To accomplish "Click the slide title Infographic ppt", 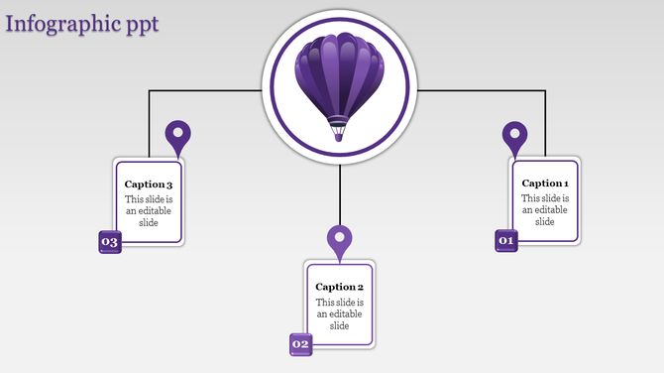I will [81, 23].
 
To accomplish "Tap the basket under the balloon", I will [339, 129].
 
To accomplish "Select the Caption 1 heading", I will [545, 183].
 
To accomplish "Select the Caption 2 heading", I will [340, 287].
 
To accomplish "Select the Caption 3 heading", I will [149, 185].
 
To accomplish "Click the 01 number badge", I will [506, 240].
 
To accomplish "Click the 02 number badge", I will [300, 344].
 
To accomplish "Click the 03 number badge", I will [109, 242].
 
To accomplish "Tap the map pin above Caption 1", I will [514, 136].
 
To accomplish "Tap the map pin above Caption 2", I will [340, 240].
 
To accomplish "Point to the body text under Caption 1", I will [545, 209].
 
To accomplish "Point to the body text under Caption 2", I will [340, 313].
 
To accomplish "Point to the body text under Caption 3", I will [149, 210].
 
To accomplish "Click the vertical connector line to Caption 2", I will [340, 193].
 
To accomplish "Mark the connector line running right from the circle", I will [481, 91].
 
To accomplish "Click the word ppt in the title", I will [138, 23].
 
